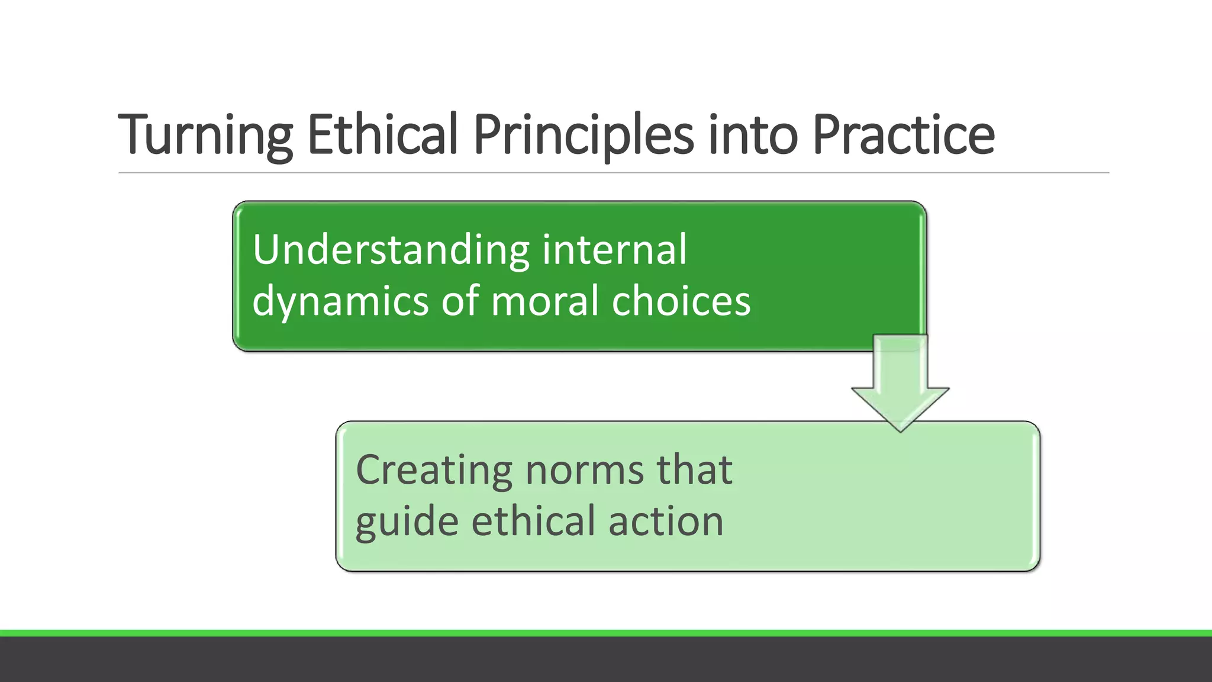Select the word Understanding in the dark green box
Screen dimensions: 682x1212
(391, 250)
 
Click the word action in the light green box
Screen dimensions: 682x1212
(666, 522)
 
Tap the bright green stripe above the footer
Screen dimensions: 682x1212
(606, 633)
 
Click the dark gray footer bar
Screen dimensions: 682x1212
(606, 660)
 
